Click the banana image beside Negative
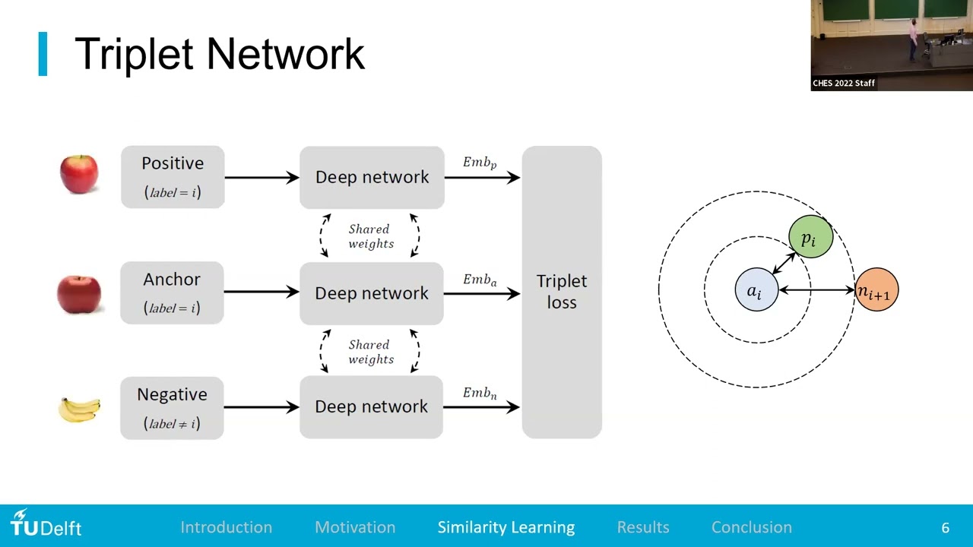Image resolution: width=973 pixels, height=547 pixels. coord(79,409)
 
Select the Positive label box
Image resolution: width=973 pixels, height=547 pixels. coord(173,177)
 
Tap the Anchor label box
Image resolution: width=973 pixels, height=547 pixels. coord(172,292)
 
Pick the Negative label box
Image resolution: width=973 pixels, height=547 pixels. coord(172,408)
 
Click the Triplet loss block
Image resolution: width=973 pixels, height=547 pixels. coord(562,292)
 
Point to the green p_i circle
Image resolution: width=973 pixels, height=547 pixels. coord(810,238)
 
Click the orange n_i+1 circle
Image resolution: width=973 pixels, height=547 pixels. coord(876,290)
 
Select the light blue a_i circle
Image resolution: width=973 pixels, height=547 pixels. coord(756,290)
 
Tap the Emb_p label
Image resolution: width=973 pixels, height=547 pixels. coord(480,163)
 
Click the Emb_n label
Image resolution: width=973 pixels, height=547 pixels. coord(480,394)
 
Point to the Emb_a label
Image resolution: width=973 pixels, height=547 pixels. coord(480,280)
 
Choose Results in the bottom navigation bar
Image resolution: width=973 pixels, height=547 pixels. coord(643,527)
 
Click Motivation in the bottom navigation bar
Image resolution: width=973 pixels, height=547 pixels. coord(355,527)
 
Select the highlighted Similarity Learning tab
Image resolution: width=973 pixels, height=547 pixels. coord(506,527)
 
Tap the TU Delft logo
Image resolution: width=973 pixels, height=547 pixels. coord(46,524)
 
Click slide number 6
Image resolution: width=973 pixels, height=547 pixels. coord(945,527)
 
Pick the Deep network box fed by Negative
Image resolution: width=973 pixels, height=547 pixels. coord(371,407)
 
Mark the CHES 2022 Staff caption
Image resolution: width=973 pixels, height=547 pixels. coord(844,83)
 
